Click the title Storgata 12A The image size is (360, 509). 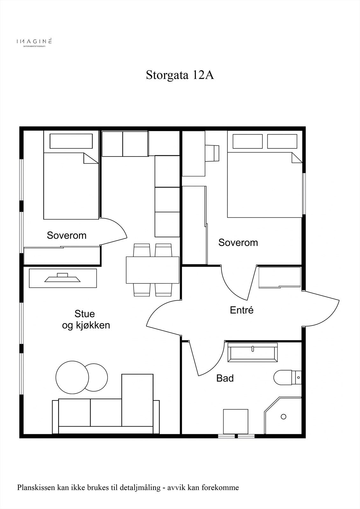click(x=180, y=75)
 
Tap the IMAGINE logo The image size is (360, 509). click(x=34, y=42)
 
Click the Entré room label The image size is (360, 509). click(x=242, y=310)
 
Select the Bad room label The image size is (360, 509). click(x=225, y=378)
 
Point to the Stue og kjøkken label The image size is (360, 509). click(x=86, y=319)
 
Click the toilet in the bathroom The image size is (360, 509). click(x=287, y=377)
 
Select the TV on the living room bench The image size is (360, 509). click(x=62, y=277)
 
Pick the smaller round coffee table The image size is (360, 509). click(x=96, y=377)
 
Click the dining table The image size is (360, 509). click(x=152, y=270)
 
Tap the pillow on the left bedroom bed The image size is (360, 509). click(x=71, y=141)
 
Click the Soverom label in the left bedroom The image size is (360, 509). click(x=67, y=235)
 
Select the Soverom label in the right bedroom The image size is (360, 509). click(x=238, y=242)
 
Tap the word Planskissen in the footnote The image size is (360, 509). click(x=35, y=487)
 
